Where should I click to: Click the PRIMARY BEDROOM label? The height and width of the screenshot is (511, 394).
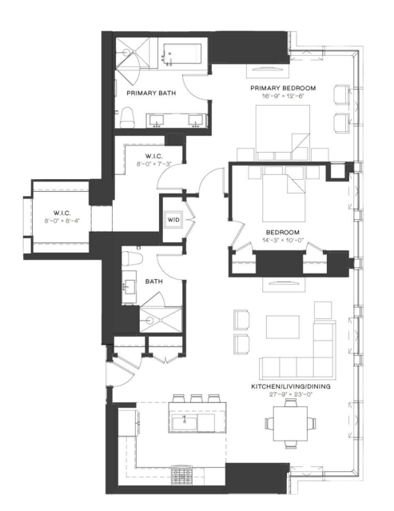coord(282,87)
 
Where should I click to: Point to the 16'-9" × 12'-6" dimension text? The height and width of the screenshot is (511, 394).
coord(282,97)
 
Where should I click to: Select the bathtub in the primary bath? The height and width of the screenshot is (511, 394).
coord(183,56)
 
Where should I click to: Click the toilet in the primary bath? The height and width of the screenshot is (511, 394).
coord(127,118)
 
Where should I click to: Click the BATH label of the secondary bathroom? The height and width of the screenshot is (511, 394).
coord(154,281)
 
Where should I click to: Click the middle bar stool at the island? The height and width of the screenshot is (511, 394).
coord(194,397)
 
